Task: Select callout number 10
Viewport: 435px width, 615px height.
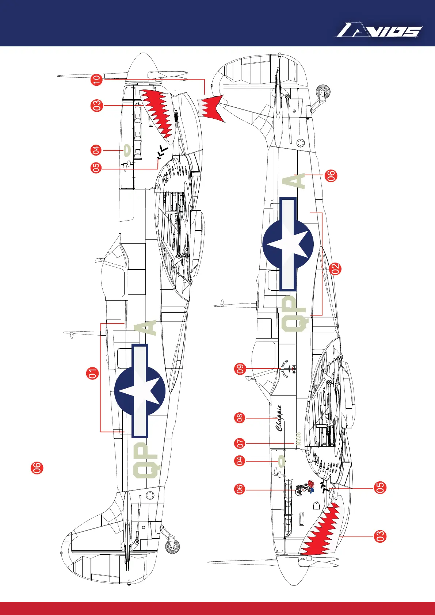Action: [x=96, y=79]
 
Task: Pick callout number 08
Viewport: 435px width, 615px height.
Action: [x=240, y=418]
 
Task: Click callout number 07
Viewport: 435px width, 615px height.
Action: [x=240, y=444]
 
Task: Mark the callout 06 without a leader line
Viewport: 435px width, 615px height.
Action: [x=37, y=468]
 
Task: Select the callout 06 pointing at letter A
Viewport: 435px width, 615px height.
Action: [x=331, y=176]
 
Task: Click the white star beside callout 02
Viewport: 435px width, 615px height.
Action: [x=289, y=244]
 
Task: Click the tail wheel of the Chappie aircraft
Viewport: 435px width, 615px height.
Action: [x=323, y=91]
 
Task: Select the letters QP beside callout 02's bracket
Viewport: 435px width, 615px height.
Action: [x=295, y=314]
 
